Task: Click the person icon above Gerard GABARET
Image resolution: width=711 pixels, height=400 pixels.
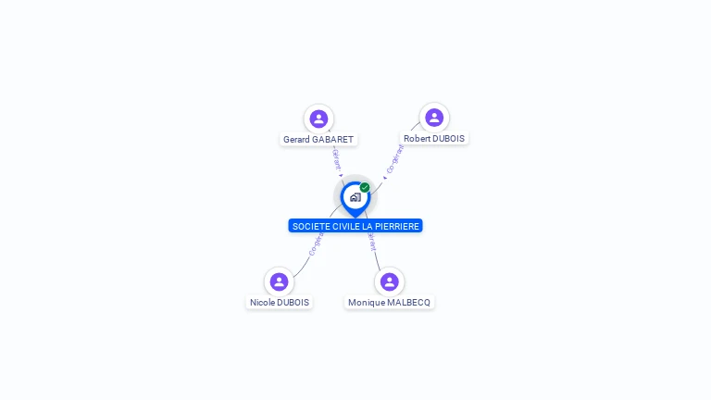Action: pyautogui.click(x=318, y=119)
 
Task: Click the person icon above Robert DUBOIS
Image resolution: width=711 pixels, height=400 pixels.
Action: pyautogui.click(x=434, y=118)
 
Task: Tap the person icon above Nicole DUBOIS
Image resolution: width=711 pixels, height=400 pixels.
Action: pyautogui.click(x=279, y=281)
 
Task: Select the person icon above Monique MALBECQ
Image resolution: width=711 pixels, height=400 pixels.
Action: pyautogui.click(x=389, y=281)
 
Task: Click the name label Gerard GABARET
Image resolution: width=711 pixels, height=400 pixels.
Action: pyautogui.click(x=318, y=140)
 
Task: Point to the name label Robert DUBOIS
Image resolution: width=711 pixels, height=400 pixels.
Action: pyautogui.click(x=434, y=139)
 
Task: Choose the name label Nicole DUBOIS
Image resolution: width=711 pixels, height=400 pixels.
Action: pyautogui.click(x=280, y=303)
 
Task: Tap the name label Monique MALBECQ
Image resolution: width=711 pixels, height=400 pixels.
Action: pyautogui.click(x=389, y=303)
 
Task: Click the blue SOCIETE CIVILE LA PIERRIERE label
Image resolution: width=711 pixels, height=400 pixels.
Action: pyautogui.click(x=355, y=226)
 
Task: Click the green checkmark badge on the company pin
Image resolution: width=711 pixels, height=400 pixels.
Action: pyautogui.click(x=365, y=188)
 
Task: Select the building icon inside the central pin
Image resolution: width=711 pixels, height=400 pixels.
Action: pyautogui.click(x=355, y=197)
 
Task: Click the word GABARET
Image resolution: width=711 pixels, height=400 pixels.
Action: pyautogui.click(x=332, y=140)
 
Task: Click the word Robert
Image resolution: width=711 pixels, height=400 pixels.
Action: pyautogui.click(x=418, y=139)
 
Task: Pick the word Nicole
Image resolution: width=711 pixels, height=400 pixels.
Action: pyautogui.click(x=263, y=303)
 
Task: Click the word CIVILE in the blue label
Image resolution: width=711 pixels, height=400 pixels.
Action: pyautogui.click(x=346, y=226)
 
